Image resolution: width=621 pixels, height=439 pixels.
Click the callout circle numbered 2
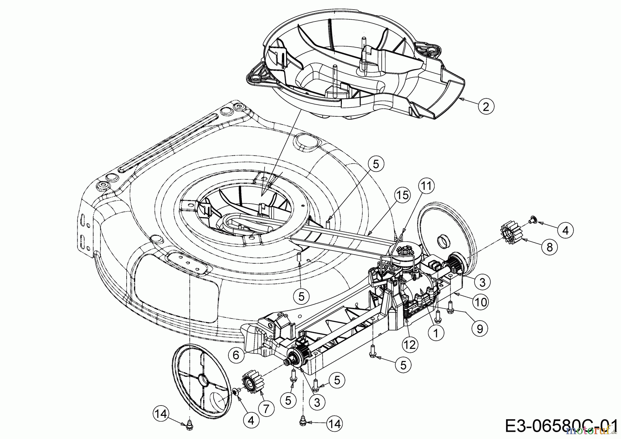[486, 107]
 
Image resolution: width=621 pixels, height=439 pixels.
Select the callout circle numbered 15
[402, 195]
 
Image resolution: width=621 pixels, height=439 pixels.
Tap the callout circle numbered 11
[426, 186]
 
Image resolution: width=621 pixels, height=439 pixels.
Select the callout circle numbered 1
[436, 333]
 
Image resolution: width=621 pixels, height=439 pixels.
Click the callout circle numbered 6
[236, 355]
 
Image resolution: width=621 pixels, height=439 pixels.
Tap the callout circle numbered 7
[266, 409]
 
